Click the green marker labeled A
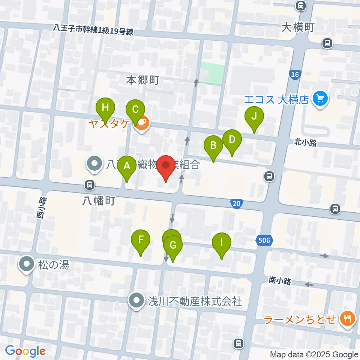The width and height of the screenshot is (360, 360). pyautogui.click(x=127, y=166)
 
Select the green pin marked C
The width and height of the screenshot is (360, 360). pyautogui.click(x=135, y=110)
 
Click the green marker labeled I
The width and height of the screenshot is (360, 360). pyautogui.click(x=221, y=242)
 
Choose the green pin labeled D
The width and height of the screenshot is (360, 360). pyautogui.click(x=232, y=140)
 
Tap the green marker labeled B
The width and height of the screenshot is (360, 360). pyautogui.click(x=213, y=145)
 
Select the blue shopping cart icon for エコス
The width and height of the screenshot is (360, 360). pyautogui.click(x=320, y=99)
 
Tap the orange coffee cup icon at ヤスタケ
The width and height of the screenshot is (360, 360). pyautogui.click(x=141, y=123)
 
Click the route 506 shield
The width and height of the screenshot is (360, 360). pyautogui.click(x=264, y=240)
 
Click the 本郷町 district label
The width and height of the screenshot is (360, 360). pyautogui.click(x=143, y=80)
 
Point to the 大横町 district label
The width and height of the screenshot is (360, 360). pyautogui.click(x=298, y=27)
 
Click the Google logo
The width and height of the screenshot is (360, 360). pyautogui.click(x=25, y=351)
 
